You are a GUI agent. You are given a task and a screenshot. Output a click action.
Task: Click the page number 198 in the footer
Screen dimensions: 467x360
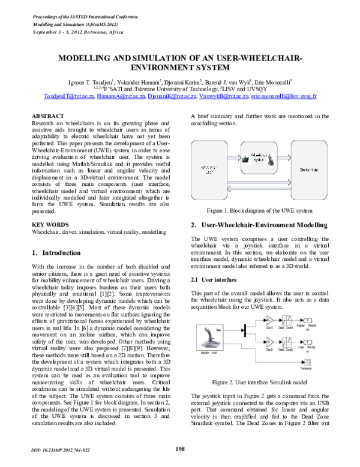click(x=179, y=449)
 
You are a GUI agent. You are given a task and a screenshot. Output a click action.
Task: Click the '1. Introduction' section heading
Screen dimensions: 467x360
click(x=55, y=253)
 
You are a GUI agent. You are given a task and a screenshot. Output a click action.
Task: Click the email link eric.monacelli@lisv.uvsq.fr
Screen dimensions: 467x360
click(x=284, y=95)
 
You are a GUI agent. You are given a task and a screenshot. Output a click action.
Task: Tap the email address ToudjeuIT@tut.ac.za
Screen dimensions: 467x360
click(x=69, y=95)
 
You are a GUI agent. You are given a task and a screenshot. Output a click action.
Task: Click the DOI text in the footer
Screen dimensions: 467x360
click(x=61, y=449)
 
